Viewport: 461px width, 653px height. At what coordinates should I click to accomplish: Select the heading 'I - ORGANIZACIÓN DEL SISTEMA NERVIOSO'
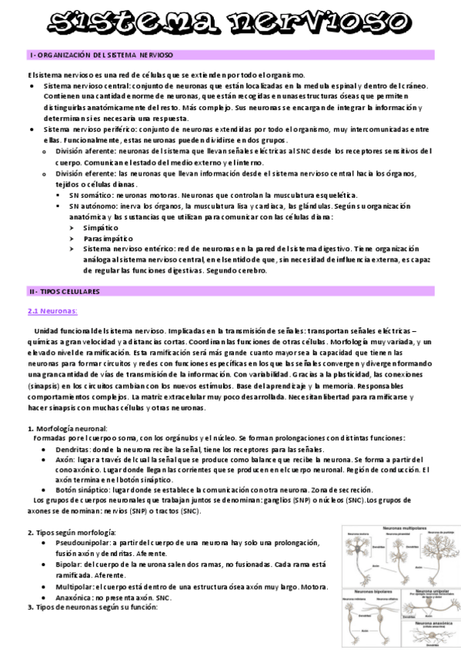(101, 56)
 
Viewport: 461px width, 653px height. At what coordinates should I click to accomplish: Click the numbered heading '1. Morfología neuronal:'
(68, 428)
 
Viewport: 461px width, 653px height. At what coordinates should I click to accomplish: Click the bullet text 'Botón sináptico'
(72, 490)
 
